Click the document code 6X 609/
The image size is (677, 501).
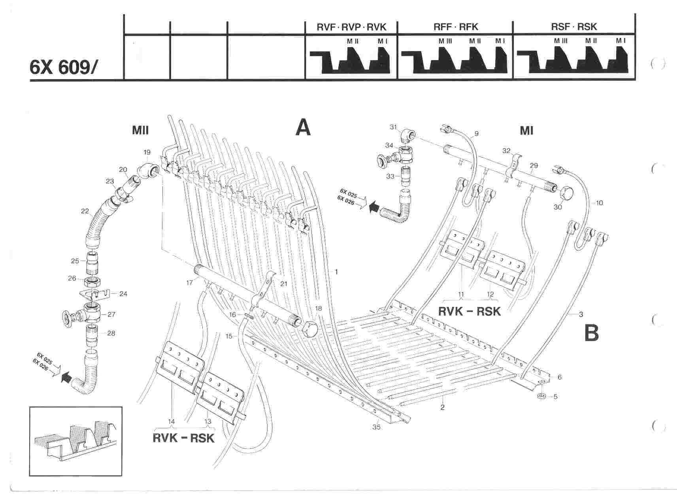click(x=62, y=67)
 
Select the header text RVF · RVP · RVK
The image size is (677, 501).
click(x=351, y=26)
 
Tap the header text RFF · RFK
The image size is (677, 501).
click(x=455, y=26)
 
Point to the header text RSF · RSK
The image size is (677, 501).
click(x=574, y=26)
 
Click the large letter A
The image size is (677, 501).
click(x=304, y=128)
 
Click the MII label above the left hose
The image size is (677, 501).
click(x=140, y=130)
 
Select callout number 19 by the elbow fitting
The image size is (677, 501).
click(x=147, y=152)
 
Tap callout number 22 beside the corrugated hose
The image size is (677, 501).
click(x=85, y=211)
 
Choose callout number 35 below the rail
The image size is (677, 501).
click(x=376, y=427)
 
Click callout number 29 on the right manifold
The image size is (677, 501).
click(x=534, y=164)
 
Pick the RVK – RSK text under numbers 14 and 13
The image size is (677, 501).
click(x=183, y=438)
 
